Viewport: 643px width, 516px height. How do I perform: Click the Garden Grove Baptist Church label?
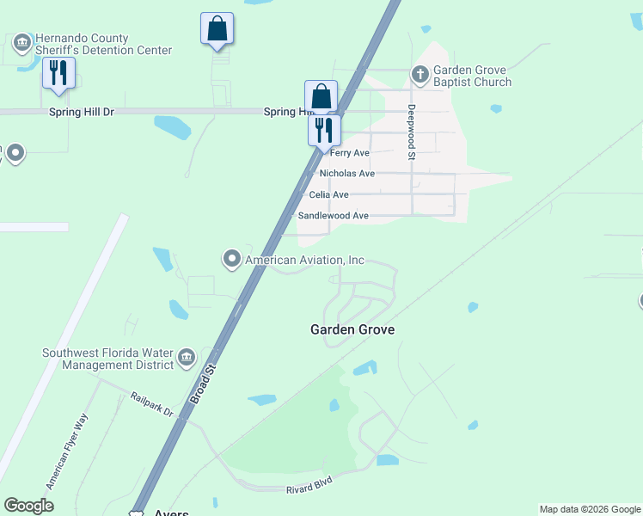pos(472,76)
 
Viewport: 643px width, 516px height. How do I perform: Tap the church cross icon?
pos(420,73)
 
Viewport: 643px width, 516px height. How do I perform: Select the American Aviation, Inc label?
pos(304,260)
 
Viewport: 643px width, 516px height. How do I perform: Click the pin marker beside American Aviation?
pos(231,258)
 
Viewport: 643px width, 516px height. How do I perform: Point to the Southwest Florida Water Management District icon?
pos(187,359)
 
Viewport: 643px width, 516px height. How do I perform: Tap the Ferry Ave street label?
pos(349,153)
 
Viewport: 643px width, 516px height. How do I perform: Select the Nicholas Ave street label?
pos(347,174)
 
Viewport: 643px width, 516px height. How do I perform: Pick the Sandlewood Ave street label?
pos(333,216)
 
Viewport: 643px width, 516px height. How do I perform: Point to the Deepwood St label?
pos(412,132)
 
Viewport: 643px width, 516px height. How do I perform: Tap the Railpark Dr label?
pos(152,405)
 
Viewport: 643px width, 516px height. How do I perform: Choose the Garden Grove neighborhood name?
pos(352,329)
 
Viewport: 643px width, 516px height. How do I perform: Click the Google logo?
pos(28,506)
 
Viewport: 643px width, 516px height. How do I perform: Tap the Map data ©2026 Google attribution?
pos(590,509)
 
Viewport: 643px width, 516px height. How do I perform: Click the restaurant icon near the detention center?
pos(58,73)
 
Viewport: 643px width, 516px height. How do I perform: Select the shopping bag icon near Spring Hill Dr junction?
pos(321,96)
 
